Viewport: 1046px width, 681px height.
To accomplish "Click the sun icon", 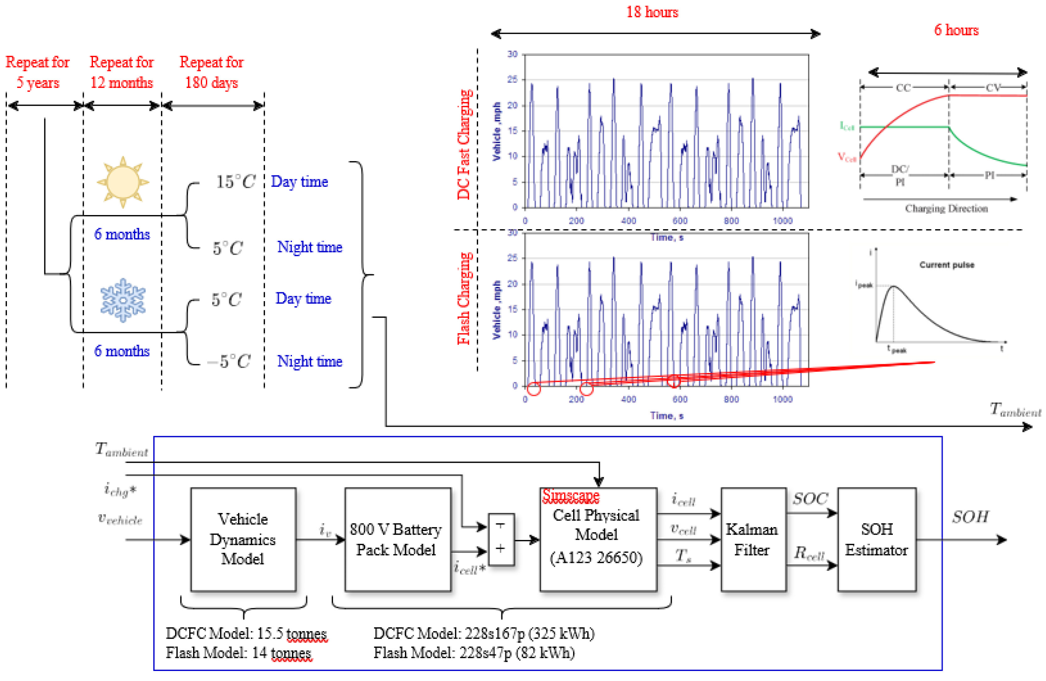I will (123, 181).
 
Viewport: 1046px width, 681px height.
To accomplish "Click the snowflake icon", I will (123, 300).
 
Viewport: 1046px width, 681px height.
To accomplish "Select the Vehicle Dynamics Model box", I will (243, 539).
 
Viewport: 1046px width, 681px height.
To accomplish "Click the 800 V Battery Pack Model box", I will (397, 539).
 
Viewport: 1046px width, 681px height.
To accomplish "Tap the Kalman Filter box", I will (753, 539).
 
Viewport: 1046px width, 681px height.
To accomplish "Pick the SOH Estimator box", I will (876, 539).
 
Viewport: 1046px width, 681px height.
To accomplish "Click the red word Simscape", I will (570, 495).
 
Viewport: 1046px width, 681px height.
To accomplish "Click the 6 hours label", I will (956, 30).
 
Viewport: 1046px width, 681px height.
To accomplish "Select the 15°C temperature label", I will (235, 181).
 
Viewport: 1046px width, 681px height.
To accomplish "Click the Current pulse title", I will (947, 265).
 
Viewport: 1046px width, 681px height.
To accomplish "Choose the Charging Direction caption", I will (946, 208).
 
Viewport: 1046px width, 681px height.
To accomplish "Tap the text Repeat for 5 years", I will (38, 72).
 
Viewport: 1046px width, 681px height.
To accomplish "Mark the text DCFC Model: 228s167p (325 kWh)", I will (484, 634).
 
